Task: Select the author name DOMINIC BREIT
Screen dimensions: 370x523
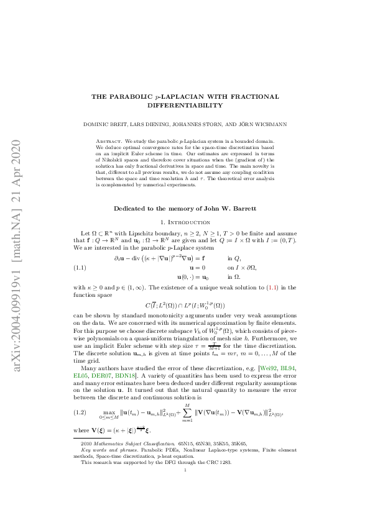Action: tap(104, 124)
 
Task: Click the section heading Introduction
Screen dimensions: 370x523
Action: tap(190, 222)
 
